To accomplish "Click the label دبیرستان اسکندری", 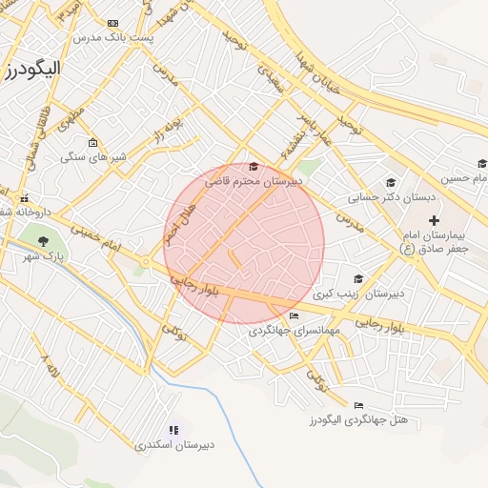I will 173,445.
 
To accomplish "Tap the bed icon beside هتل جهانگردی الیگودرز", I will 358,406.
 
